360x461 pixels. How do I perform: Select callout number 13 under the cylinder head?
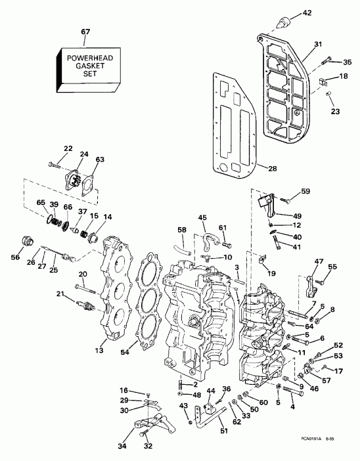tap(99, 351)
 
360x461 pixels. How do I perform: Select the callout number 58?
tap(182, 230)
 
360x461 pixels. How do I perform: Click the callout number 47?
tap(319, 262)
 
